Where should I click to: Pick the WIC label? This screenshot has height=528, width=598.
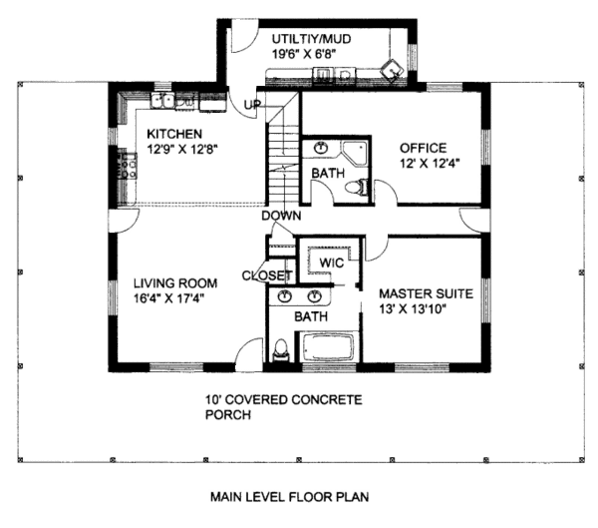331,263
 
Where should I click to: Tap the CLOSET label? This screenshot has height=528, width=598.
267,275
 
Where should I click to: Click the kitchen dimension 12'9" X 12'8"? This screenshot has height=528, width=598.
182,149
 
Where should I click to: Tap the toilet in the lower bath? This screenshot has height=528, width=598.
281,349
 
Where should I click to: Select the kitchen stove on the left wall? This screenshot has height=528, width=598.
128,164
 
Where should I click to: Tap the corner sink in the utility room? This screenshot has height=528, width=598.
393,70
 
